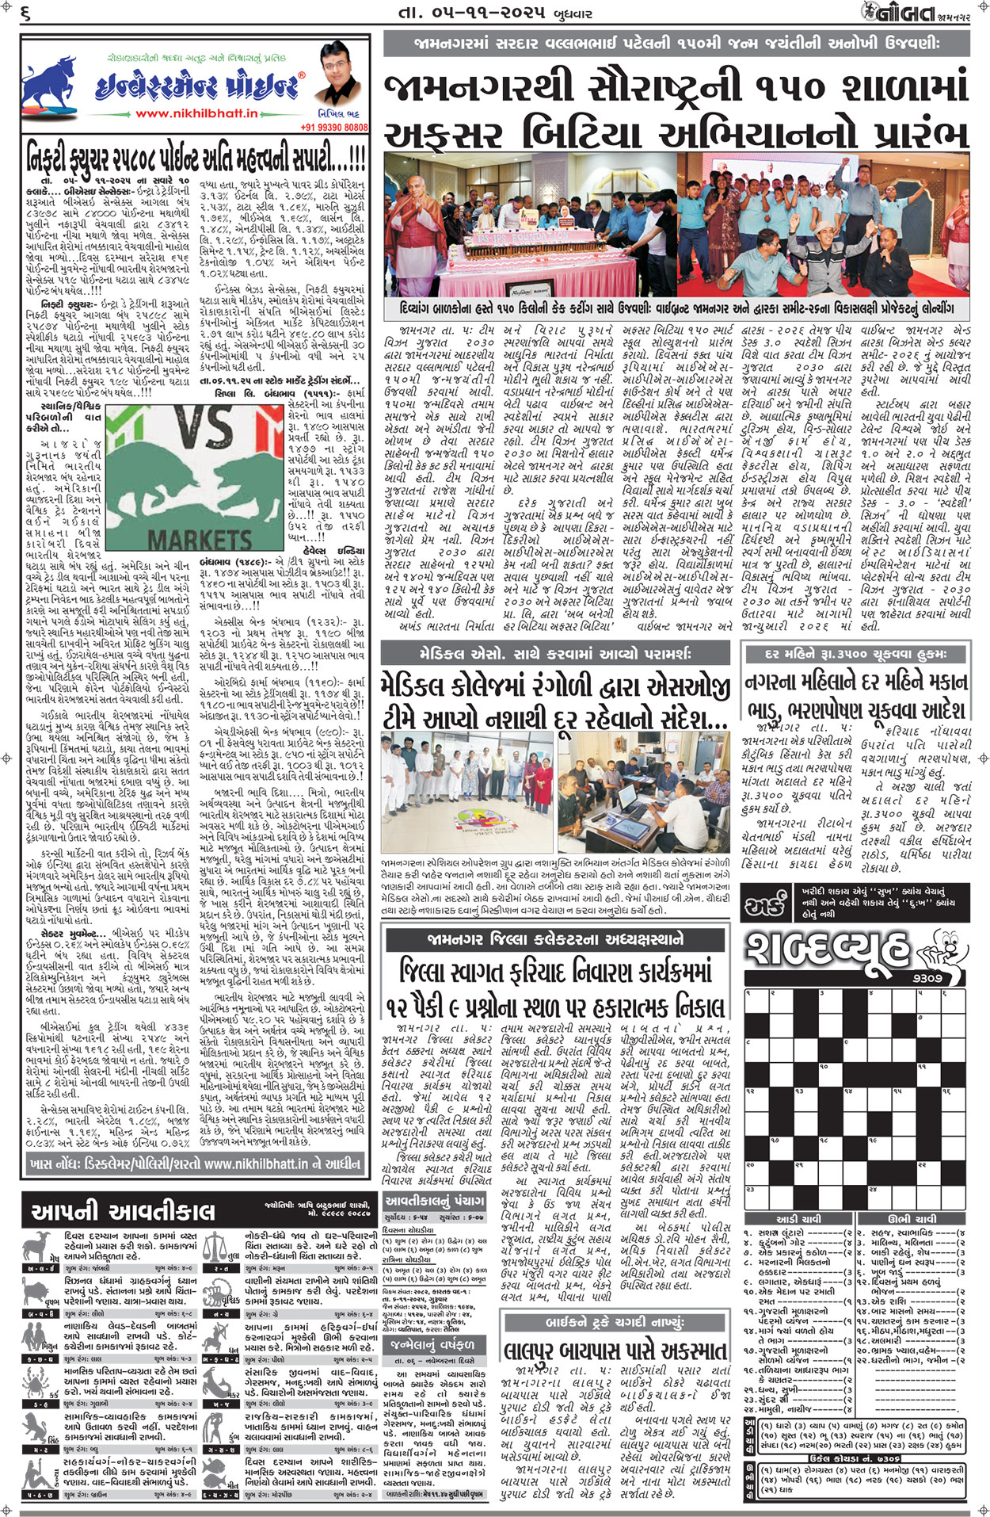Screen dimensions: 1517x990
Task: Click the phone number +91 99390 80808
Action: click(333, 128)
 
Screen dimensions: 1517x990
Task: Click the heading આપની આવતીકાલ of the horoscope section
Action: click(123, 1212)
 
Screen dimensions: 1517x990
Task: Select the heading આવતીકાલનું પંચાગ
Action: click(435, 1202)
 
